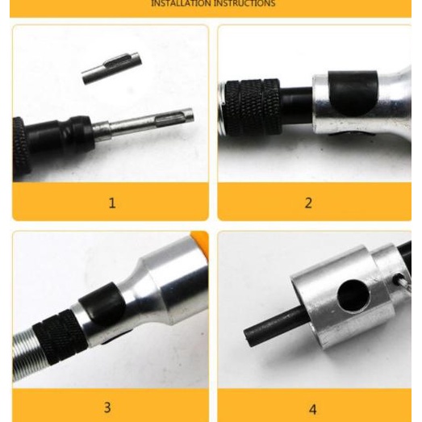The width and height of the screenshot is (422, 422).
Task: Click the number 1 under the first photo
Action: [112, 203]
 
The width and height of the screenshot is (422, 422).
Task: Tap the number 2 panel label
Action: [307, 203]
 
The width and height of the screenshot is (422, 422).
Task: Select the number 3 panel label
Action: [107, 407]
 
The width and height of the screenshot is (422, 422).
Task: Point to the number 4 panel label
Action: [312, 409]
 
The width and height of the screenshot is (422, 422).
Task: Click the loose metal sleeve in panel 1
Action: [111, 68]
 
